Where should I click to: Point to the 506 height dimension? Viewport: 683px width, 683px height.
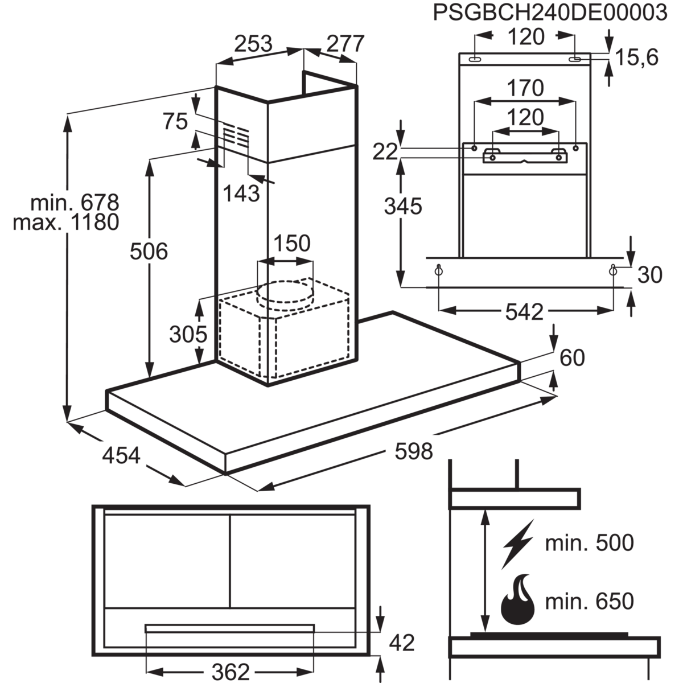(149, 250)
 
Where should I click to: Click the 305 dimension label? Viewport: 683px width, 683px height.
(188, 334)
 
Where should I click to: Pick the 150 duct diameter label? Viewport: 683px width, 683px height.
(292, 243)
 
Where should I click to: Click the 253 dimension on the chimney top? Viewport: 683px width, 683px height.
(254, 43)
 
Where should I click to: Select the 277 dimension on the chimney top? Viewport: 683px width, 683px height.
(344, 43)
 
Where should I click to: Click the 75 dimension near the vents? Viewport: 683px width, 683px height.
(175, 121)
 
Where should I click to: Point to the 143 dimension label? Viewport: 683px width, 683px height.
(240, 194)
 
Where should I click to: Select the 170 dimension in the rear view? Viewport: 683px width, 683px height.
(525, 88)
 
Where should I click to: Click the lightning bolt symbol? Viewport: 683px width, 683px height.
(518, 544)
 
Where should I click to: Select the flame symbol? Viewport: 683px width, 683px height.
(518, 600)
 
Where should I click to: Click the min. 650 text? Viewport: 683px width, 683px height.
(589, 600)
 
